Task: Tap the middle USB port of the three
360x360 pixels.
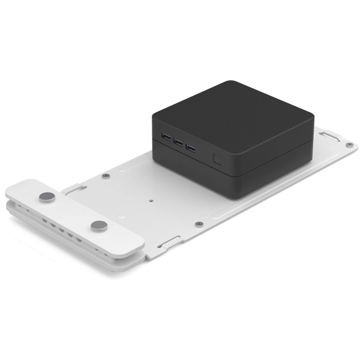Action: pos(177,143)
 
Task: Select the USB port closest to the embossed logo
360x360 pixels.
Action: pos(190,147)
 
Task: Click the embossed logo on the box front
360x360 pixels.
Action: pos(216,159)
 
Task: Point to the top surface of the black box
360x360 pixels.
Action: pos(234,111)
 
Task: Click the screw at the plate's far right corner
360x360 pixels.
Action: pos(350,145)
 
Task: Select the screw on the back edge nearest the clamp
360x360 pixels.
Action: pos(106,176)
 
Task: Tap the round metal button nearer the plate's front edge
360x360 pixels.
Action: pos(99,226)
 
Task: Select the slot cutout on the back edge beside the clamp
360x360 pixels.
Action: pos(73,188)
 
